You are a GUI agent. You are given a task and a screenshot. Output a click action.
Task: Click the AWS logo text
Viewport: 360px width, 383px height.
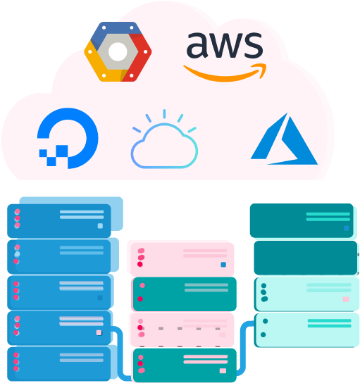pyautogui.click(x=225, y=45)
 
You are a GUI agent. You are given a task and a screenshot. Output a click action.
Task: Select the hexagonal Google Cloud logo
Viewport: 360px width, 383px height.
pyautogui.click(x=118, y=51)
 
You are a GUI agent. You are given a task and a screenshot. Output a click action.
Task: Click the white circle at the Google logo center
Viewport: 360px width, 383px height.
pyautogui.click(x=118, y=51)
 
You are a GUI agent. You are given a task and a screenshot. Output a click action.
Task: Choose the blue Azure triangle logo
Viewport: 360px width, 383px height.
pyautogui.click(x=284, y=139)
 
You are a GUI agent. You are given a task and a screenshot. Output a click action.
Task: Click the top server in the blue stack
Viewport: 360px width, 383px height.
pyautogui.click(x=59, y=221)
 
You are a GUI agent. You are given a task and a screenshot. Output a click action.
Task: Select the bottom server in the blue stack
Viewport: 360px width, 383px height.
pyautogui.click(x=59, y=364)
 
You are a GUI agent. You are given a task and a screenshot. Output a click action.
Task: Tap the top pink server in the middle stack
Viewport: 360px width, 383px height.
pyautogui.click(x=182, y=259)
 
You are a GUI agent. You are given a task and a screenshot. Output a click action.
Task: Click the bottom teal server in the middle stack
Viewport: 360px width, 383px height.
pyautogui.click(x=185, y=365)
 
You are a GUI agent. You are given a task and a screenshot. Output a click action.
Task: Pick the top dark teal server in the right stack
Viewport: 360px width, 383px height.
pyautogui.click(x=302, y=220)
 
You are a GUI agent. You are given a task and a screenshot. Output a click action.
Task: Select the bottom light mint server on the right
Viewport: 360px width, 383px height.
pyautogui.click(x=306, y=330)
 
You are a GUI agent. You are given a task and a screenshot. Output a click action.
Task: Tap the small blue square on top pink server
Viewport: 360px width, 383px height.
pyautogui.click(x=223, y=265)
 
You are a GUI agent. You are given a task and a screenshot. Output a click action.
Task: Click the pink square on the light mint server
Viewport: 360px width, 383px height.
pyautogui.click(x=346, y=299)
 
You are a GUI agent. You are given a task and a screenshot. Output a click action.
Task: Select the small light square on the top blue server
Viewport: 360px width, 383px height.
pyautogui.click(x=100, y=226)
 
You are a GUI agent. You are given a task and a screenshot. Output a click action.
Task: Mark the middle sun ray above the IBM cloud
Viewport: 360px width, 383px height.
pyautogui.click(x=164, y=114)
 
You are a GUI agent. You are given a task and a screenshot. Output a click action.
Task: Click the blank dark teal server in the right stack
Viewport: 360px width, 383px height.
pyautogui.click(x=306, y=258)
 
